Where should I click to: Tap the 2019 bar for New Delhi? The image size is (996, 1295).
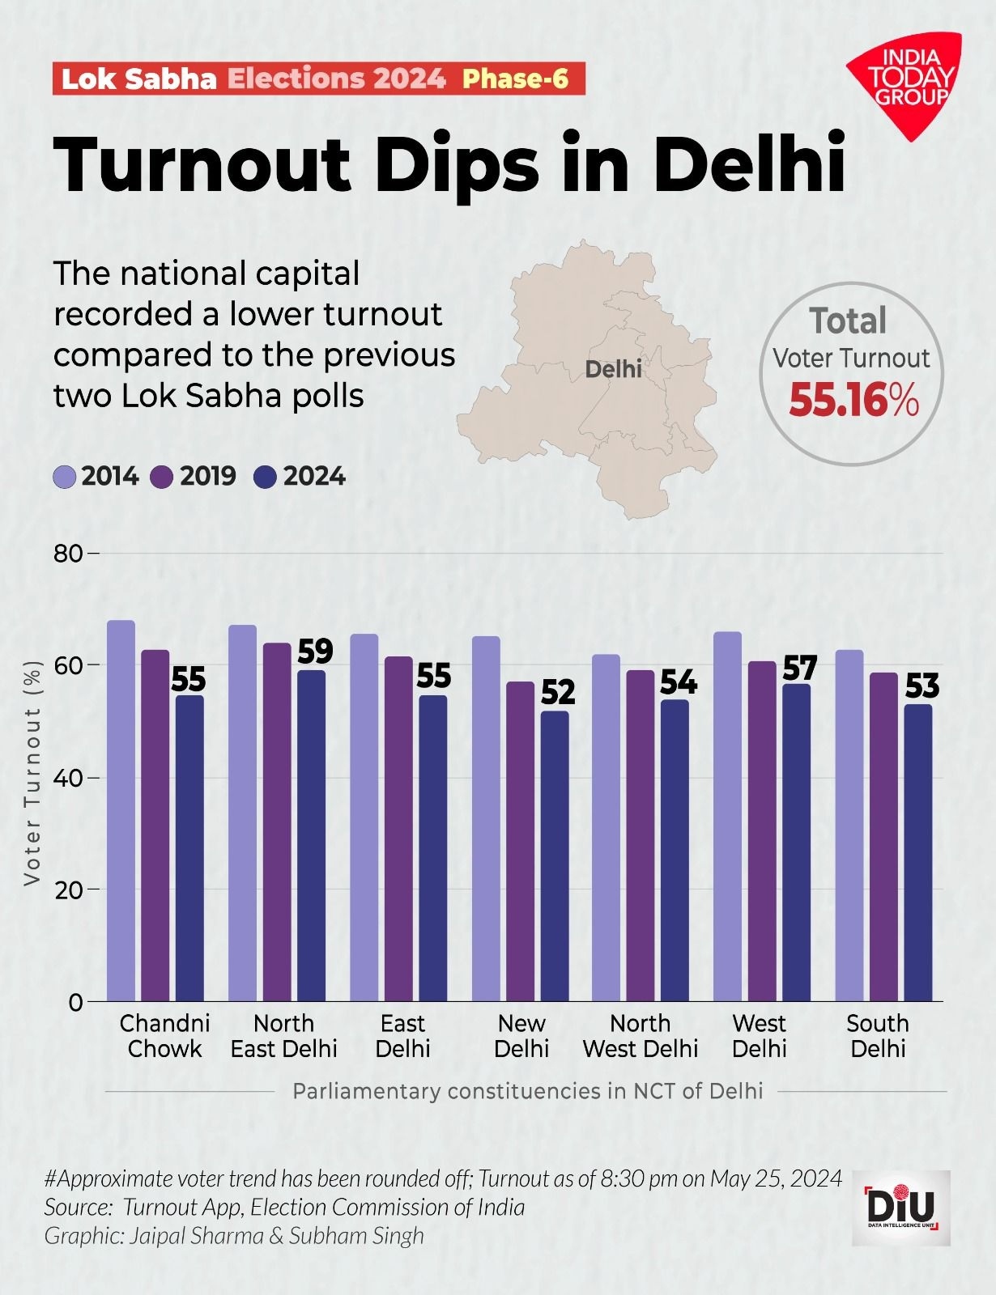coord(521,842)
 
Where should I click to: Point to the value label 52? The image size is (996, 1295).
coord(558,693)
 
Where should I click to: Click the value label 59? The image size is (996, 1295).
coord(315,652)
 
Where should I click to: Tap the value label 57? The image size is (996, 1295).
coord(799,669)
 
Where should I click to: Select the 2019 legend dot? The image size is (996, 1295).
coord(163,477)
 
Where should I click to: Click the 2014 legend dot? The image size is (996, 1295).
coord(64,477)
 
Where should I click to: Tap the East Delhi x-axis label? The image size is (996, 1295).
coord(402,1036)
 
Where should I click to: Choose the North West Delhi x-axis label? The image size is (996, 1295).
coord(640,1036)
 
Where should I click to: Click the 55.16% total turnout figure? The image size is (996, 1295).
coord(854,400)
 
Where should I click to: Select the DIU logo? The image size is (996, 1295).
coord(900,1207)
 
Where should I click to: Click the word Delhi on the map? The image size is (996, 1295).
coord(613,369)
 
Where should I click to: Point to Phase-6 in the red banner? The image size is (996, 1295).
coord(515,79)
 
